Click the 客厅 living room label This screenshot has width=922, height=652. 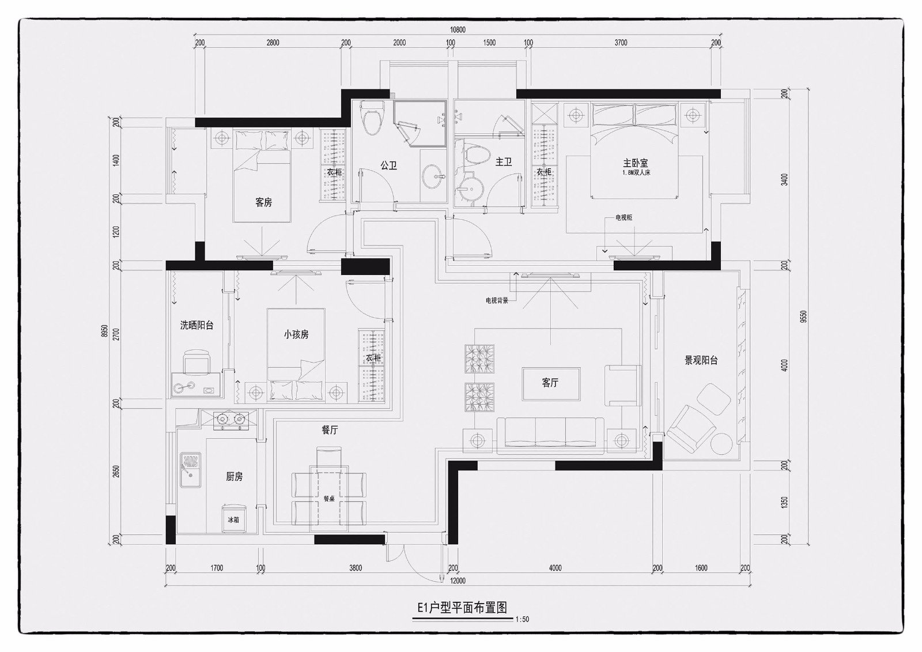[x=550, y=383]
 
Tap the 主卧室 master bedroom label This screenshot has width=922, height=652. [x=636, y=163]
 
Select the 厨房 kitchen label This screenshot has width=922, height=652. [x=234, y=477]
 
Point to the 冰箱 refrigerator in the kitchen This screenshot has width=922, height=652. [x=234, y=519]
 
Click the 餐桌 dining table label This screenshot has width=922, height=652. [x=328, y=499]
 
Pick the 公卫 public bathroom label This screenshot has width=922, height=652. [x=389, y=165]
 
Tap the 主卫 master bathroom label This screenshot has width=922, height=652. [x=504, y=162]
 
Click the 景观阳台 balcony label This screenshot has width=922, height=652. [x=701, y=360]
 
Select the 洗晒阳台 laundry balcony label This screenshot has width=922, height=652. [x=197, y=325]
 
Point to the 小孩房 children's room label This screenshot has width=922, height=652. [x=296, y=334]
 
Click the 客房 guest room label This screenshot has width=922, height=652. [x=263, y=202]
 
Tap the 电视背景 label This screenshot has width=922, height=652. [x=497, y=300]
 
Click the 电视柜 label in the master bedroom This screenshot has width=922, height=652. [x=624, y=218]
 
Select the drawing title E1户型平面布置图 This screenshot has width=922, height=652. [x=462, y=608]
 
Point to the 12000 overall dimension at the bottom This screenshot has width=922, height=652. [x=458, y=581]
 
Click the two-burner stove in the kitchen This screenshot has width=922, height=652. [x=229, y=420]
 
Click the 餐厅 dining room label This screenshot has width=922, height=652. [x=330, y=430]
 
